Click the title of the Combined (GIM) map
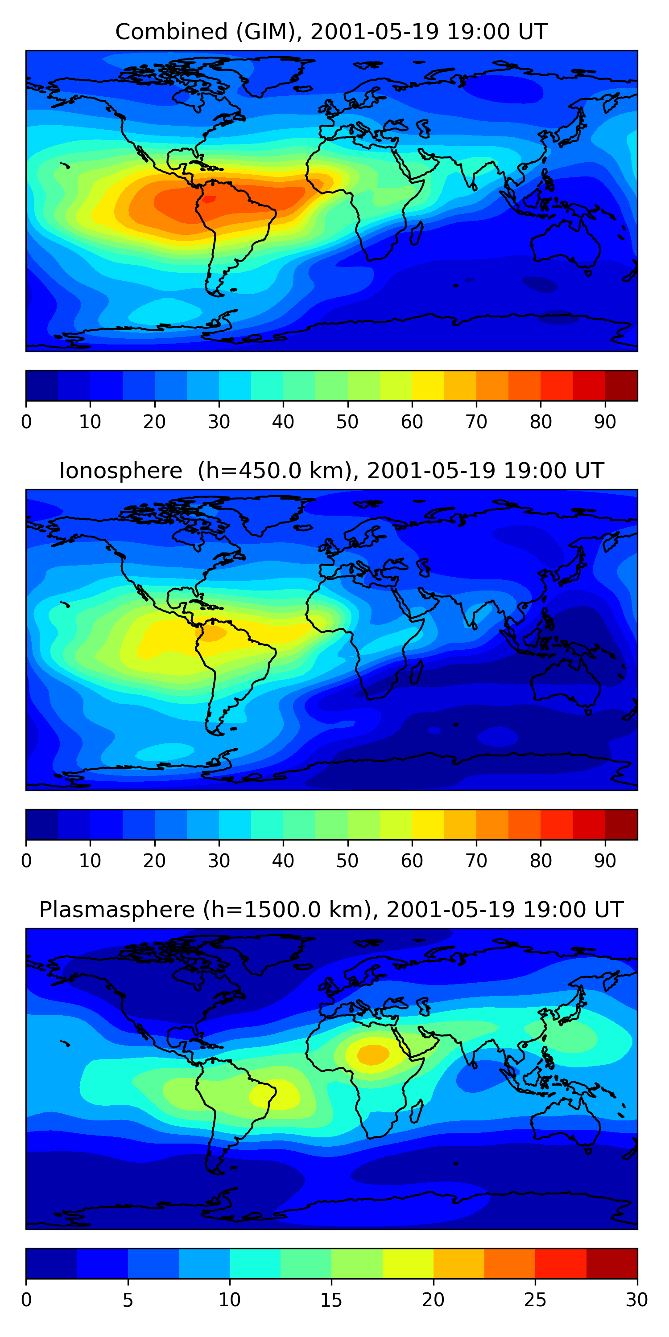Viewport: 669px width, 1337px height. pyautogui.click(x=331, y=32)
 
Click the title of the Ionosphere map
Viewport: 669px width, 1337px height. pyautogui.click(x=331, y=471)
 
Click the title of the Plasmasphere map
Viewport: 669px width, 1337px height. pyautogui.click(x=331, y=909)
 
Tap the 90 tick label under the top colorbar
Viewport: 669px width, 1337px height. pyautogui.click(x=605, y=422)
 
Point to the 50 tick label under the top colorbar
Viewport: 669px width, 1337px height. pyautogui.click(x=347, y=422)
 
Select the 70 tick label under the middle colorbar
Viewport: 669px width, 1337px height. pyautogui.click(x=476, y=861)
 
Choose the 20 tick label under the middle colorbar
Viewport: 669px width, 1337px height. pyautogui.click(x=154, y=861)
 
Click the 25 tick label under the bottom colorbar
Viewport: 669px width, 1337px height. pyautogui.click(x=535, y=1300)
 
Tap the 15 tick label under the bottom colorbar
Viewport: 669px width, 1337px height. pyautogui.click(x=331, y=1300)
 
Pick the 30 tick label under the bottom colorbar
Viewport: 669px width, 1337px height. pyautogui.click(x=636, y=1300)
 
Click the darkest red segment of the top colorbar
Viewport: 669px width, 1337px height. pyautogui.click(x=621, y=386)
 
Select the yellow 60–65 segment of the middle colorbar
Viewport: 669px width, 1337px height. pyautogui.click(x=428, y=824)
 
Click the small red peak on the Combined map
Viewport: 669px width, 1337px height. pyautogui.click(x=208, y=199)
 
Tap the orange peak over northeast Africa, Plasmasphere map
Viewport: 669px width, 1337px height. pyautogui.click(x=373, y=1054)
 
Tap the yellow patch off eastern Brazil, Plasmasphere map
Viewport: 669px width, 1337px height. pyautogui.click(x=275, y=1095)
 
